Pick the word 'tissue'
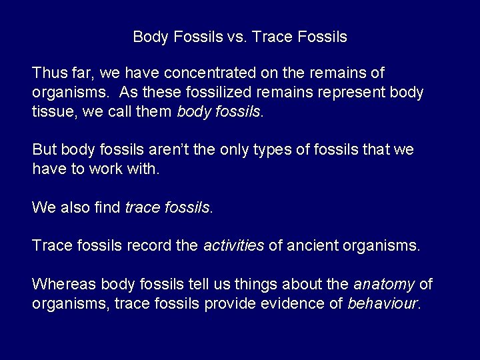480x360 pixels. (51, 111)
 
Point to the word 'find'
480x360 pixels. (108, 208)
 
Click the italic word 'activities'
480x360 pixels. (233, 246)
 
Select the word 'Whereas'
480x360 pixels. (63, 285)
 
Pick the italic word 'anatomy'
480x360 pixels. (383, 285)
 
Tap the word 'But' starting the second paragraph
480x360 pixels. (44, 150)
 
